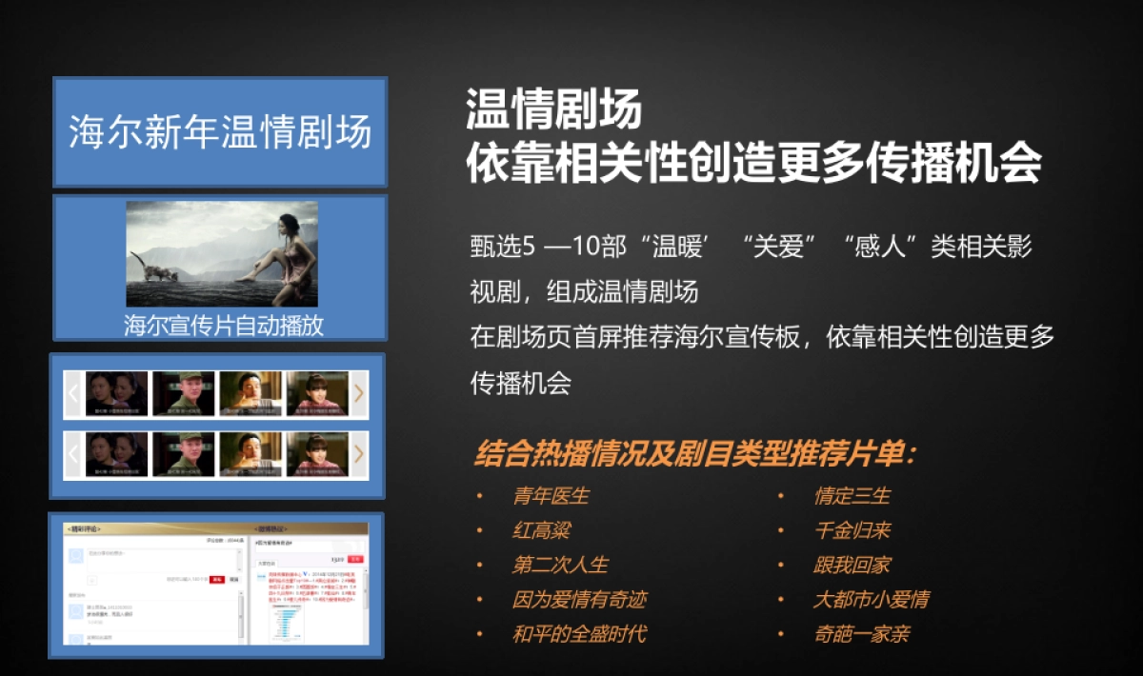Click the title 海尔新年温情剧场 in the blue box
tap(220, 132)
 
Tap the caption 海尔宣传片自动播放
tap(223, 326)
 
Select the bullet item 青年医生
tap(551, 496)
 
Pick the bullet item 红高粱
tap(541, 530)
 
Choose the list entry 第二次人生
tap(560, 565)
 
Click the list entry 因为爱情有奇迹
tap(579, 600)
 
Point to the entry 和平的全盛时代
tap(579, 634)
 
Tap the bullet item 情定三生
tap(852, 496)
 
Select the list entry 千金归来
tap(852, 530)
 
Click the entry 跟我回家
tap(852, 565)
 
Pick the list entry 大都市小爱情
tap(871, 600)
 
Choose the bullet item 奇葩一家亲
tap(861, 634)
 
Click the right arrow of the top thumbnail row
tap(359, 392)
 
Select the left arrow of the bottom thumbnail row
tap(72, 454)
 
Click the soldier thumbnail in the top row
tap(184, 392)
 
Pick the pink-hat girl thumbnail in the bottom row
tap(317, 454)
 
